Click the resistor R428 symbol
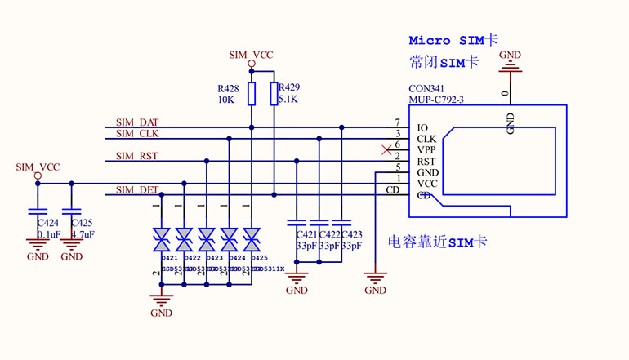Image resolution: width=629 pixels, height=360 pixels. click(x=251, y=94)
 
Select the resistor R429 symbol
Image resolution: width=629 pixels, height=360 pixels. click(x=274, y=94)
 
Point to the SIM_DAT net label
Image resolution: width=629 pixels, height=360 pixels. click(x=136, y=122)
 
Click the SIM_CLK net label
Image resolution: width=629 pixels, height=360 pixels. click(x=136, y=133)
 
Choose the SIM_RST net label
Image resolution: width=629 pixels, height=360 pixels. click(x=136, y=155)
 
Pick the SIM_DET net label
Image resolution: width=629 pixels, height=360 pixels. click(x=136, y=189)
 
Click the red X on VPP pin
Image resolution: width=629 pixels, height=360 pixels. click(x=386, y=149)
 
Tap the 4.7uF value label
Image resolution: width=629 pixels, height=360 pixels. click(x=83, y=234)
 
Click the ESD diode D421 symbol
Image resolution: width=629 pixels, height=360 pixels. click(x=161, y=239)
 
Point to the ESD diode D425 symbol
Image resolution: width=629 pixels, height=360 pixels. click(x=252, y=239)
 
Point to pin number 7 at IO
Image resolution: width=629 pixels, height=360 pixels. click(x=397, y=122)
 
